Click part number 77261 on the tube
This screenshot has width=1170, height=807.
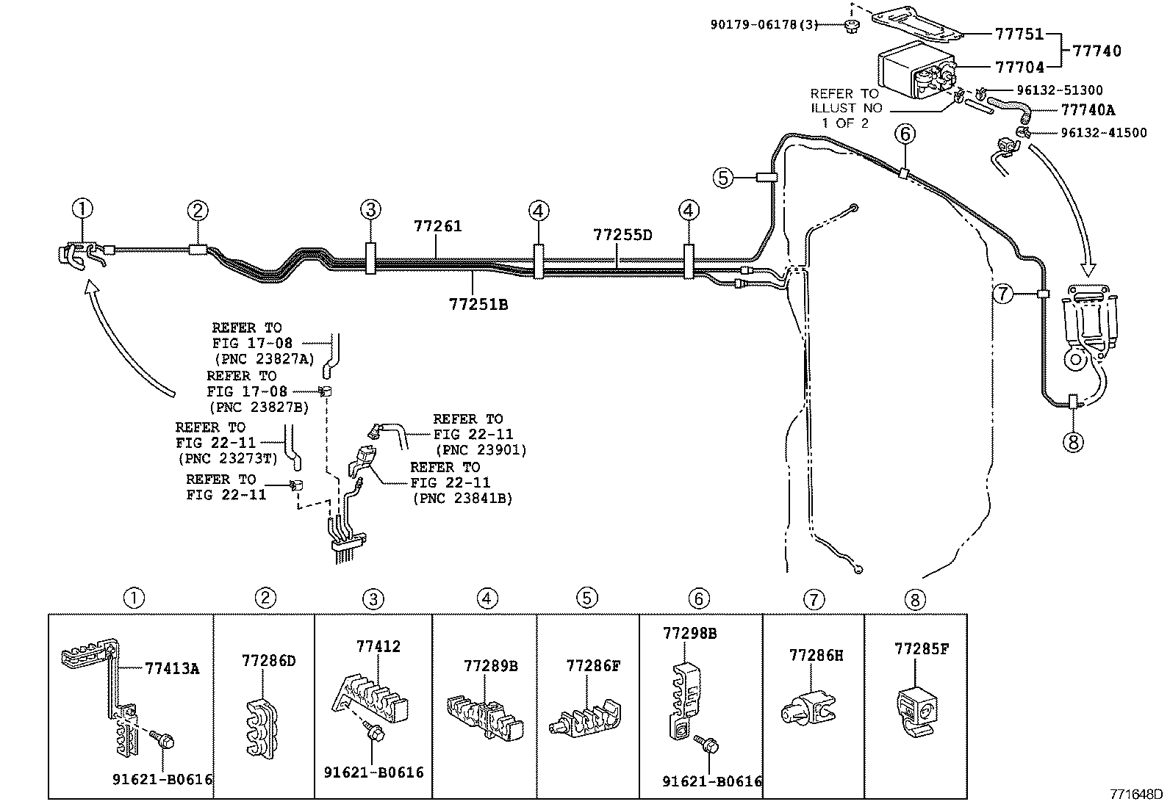coord(437,226)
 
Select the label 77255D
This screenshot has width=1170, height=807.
coord(622,235)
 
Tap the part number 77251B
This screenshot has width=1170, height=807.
coord(478,303)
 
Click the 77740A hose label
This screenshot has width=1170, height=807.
coord(1088,110)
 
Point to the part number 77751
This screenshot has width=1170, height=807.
coord(1019,34)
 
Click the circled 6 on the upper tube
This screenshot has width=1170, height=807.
coord(905,134)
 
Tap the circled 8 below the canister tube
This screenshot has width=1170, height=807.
coord(1073,442)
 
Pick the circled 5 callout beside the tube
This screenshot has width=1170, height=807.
coord(723,177)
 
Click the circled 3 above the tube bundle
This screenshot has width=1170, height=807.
coord(370,210)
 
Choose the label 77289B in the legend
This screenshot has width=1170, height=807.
coord(491,666)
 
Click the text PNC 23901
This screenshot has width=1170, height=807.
coord(481,450)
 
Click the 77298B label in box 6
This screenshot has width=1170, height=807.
coord(689,632)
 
